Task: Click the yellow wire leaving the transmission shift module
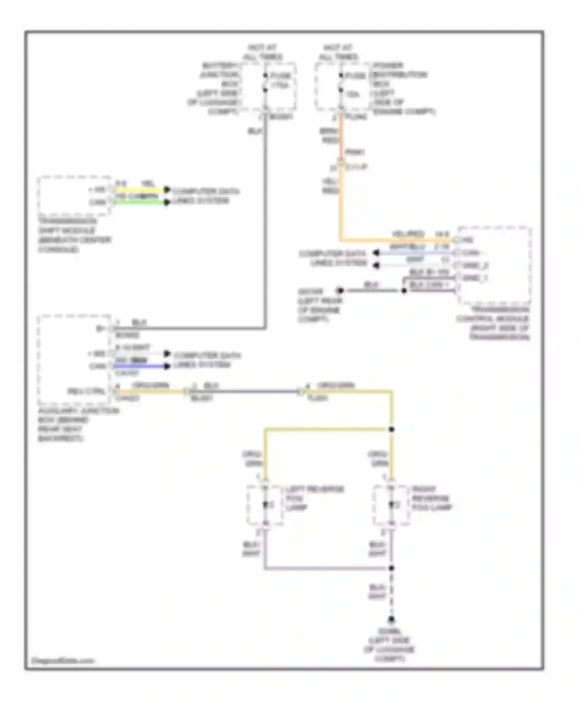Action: point(139,190)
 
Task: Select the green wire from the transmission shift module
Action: point(139,202)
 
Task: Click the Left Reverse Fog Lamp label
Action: point(315,498)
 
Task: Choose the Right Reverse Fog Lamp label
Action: point(431,498)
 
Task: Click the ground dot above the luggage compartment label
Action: point(391,619)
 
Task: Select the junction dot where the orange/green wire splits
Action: point(391,429)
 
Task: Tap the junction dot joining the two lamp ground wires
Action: point(391,568)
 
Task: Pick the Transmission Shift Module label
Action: point(73,235)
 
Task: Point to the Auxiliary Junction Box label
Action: point(77,424)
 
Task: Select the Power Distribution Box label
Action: point(400,88)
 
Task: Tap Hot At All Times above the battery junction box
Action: point(262,52)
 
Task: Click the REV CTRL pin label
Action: point(86,391)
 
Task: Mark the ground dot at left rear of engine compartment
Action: point(340,291)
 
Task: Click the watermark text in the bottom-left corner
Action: point(63,660)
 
